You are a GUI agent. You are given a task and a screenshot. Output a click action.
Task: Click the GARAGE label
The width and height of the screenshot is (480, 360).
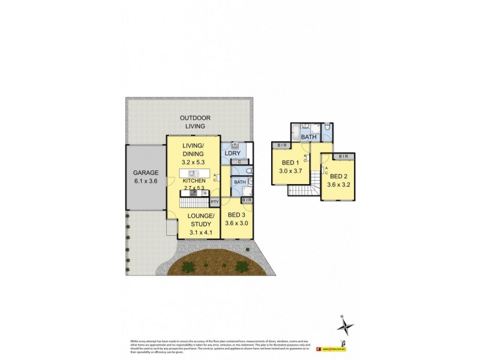coord(146,172)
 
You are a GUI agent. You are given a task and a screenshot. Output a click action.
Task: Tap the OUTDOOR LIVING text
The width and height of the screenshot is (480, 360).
coord(193,122)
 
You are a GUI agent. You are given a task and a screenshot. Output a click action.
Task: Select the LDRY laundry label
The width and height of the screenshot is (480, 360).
coord(232,153)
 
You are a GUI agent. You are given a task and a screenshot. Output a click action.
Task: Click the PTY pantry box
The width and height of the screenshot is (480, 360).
coord(214,203)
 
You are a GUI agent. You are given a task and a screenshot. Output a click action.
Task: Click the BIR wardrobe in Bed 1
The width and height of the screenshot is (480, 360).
coord(282,145)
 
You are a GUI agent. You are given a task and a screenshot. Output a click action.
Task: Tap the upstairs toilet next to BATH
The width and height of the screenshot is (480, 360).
coord(327,128)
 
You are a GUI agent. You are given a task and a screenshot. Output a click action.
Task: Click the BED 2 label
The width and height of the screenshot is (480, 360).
coord(338,176)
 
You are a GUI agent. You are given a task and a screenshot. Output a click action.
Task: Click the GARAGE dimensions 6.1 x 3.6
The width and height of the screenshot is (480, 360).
coord(146,181)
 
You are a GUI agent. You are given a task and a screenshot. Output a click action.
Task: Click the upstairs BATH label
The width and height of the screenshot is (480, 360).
coord(309,137)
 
